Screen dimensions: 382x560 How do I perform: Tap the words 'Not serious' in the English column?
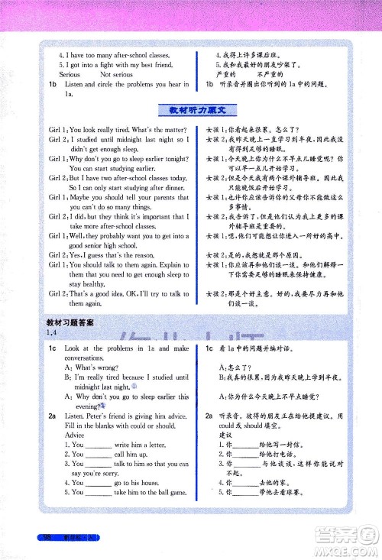tap(116, 75)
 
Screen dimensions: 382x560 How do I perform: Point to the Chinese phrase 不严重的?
tap(272, 75)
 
